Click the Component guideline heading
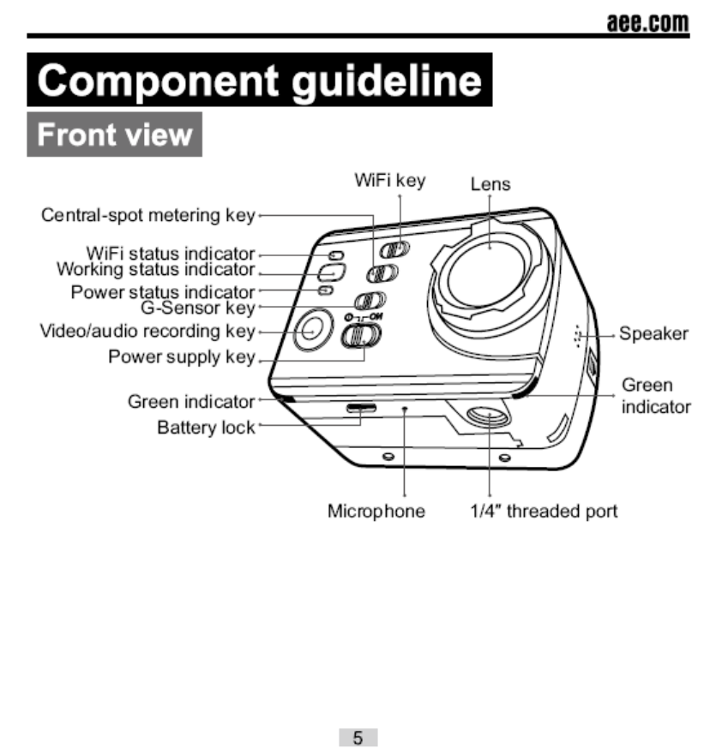(260, 81)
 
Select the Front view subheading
(115, 135)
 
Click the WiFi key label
(389, 181)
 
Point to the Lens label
(490, 184)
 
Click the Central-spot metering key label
(147, 215)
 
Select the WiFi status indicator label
(171, 254)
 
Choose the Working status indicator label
(155, 269)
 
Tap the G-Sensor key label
(197, 307)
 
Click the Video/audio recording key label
(147, 331)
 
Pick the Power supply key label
(181, 356)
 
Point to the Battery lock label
(206, 427)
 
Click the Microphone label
(376, 512)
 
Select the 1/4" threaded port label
(544, 512)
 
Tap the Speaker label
(653, 334)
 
